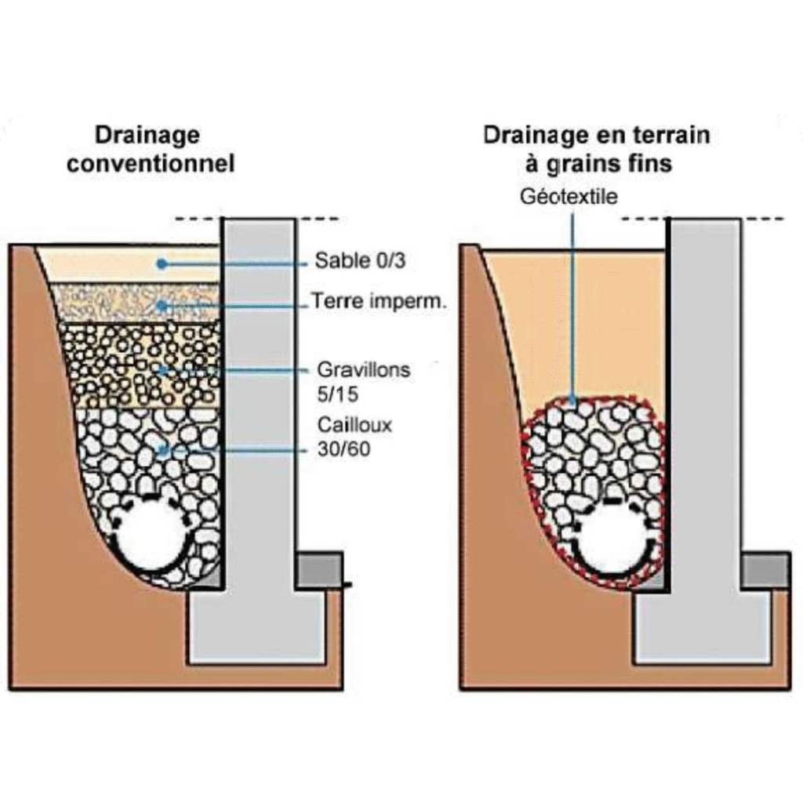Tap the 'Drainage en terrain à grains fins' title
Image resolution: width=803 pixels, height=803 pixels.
[x=597, y=149]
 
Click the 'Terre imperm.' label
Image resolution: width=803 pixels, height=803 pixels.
[x=379, y=301]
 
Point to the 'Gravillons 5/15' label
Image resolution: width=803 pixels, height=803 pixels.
[x=363, y=378]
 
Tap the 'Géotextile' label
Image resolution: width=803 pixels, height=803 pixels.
[x=569, y=195]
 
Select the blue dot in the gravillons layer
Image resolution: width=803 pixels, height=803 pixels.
[x=162, y=369]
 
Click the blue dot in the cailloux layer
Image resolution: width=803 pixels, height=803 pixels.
[x=162, y=449]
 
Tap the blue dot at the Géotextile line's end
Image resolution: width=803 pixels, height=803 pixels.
[x=575, y=401]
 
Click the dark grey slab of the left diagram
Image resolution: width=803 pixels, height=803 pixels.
[x=318, y=569]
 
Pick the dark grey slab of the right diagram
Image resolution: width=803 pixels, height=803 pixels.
[x=765, y=571]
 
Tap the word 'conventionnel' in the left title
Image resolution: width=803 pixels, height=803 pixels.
[x=151, y=165]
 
